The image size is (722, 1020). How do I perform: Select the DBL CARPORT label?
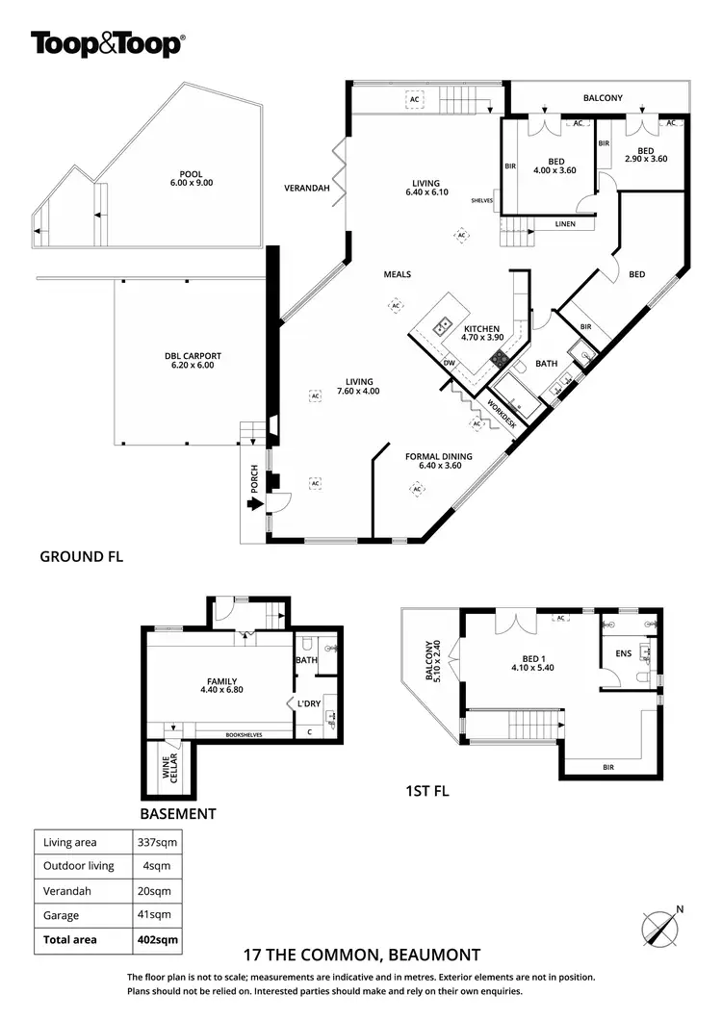tap(186, 361)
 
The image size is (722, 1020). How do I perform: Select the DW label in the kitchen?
tap(449, 362)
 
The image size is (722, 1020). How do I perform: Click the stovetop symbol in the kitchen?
tap(501, 358)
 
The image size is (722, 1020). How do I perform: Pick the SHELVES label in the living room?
tap(482, 201)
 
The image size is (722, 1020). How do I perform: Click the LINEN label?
tap(565, 225)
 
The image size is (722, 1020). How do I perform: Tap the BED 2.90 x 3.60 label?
tap(639, 155)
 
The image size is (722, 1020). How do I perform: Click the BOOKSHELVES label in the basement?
tap(245, 735)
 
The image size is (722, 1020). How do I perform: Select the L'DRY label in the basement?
tap(309, 703)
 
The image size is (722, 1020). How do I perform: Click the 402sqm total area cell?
tap(155, 939)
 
